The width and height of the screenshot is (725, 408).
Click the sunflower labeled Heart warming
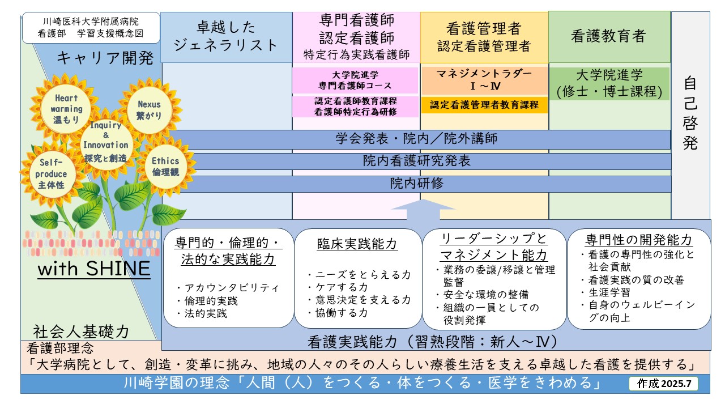pyautogui.click(x=66, y=109)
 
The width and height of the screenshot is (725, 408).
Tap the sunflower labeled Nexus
pyautogui.click(x=149, y=109)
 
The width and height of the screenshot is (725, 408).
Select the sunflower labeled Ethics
pyautogui.click(x=165, y=167)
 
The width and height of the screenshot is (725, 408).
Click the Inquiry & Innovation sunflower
pyautogui.click(x=105, y=142)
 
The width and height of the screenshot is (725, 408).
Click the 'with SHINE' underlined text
pyautogui.click(x=94, y=269)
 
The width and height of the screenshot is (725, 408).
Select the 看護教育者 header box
pyautogui.click(x=609, y=36)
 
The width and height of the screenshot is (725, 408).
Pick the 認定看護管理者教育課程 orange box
pyautogui.click(x=484, y=105)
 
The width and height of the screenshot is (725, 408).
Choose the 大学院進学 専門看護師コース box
pyautogui.click(x=355, y=80)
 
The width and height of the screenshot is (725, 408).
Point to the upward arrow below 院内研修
pyautogui.click(x=423, y=210)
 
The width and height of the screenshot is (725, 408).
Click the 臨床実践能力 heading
pyautogui.click(x=357, y=244)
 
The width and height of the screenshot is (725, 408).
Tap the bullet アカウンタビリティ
pyautogui.click(x=228, y=287)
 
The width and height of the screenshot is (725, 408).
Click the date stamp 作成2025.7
pyautogui.click(x=664, y=384)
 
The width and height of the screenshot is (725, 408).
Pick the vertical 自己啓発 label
pyautogui.click(x=690, y=113)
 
